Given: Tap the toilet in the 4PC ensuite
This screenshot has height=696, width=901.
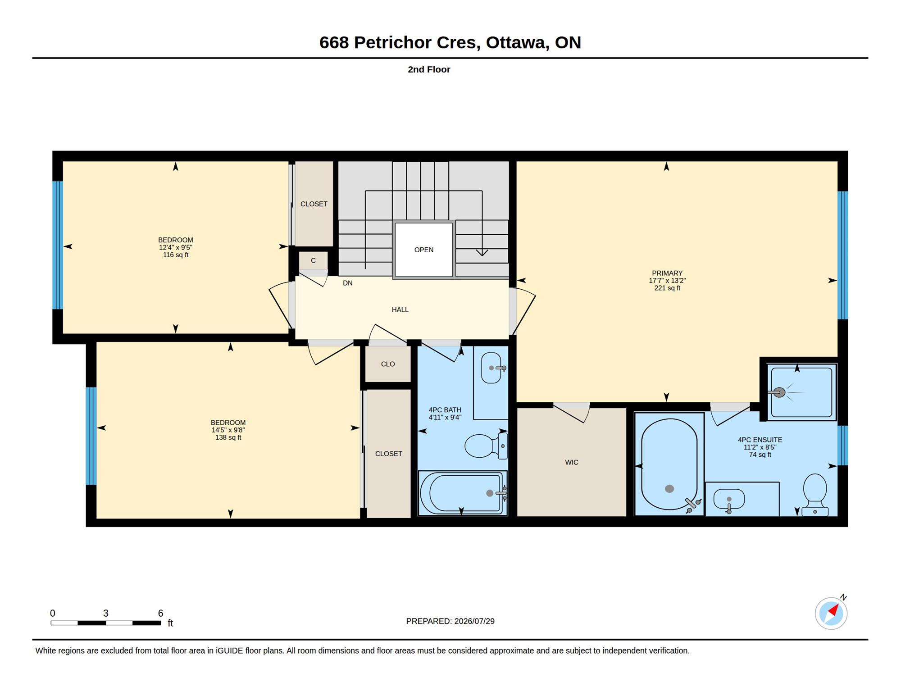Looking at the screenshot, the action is (x=815, y=494).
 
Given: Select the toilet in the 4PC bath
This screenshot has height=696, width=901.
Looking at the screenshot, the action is (x=486, y=446).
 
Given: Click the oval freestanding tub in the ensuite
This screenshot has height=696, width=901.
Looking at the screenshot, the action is (x=669, y=464).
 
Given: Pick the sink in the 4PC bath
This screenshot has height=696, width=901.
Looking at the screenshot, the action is (x=491, y=368).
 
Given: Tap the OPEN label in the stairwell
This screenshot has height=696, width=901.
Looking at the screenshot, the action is (x=424, y=250).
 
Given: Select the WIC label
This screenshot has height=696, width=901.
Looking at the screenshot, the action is (x=572, y=462).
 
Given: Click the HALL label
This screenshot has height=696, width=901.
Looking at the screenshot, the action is (x=400, y=309).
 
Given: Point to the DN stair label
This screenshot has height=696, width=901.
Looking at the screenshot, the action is (x=348, y=283).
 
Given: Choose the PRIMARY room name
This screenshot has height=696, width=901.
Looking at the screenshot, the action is (x=667, y=273).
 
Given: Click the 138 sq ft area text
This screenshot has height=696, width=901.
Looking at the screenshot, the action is (x=228, y=437).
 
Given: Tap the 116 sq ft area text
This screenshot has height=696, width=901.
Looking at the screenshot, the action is (x=176, y=255).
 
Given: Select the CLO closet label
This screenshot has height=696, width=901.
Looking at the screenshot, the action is (x=388, y=364).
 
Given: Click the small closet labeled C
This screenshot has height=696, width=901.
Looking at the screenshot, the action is (x=313, y=260).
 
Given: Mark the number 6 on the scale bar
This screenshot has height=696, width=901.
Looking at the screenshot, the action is (x=160, y=613).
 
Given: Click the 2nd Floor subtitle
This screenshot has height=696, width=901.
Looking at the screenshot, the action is (x=429, y=69).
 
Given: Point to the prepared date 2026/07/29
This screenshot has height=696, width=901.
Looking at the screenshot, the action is (x=474, y=621).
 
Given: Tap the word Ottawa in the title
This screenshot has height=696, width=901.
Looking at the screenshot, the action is (x=515, y=42).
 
